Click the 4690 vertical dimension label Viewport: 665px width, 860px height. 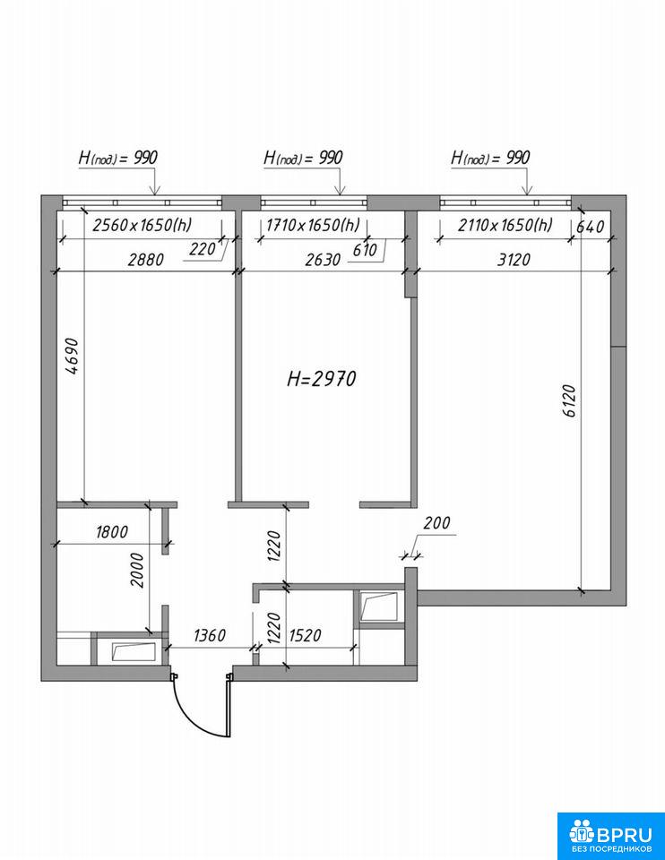point(73,357)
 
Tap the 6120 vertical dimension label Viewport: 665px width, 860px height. point(570,401)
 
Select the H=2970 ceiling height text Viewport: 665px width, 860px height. point(322,379)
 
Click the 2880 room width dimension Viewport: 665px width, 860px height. point(145,260)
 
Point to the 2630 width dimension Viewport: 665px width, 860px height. point(323,260)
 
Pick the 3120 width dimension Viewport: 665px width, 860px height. point(514,260)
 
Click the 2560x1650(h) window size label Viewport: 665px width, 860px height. point(142,225)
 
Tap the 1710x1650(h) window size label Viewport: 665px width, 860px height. point(313,225)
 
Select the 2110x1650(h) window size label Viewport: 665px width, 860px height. point(505,225)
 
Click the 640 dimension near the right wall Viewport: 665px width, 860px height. point(590,227)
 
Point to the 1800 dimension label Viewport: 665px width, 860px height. point(112,532)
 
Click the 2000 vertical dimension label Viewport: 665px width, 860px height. point(137,571)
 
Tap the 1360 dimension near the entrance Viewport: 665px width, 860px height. point(210,635)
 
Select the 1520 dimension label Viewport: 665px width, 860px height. point(305,635)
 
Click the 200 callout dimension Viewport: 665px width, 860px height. point(436,522)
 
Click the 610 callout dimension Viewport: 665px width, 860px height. point(365,250)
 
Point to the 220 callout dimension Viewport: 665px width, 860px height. point(203,250)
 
